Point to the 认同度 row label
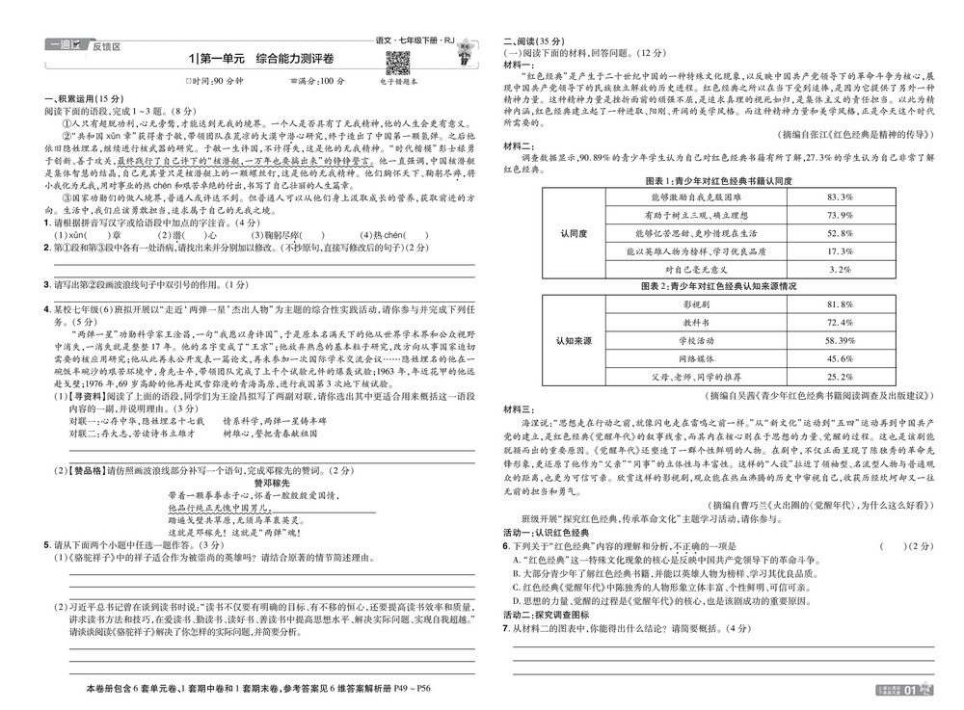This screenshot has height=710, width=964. (575, 233)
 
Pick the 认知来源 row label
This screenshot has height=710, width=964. (575, 341)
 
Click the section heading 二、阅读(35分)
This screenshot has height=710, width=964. (536, 41)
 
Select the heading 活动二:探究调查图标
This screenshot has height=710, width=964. (547, 615)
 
